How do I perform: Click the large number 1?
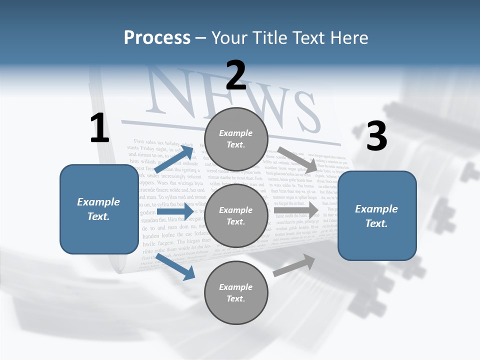[x=99, y=128]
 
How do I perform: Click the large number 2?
[x=236, y=75]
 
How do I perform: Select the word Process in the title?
[x=157, y=38]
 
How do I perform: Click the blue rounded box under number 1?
[x=99, y=209]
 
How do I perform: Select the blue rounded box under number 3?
[x=377, y=216]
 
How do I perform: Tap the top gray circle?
[x=236, y=139]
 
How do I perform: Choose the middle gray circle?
[x=236, y=216]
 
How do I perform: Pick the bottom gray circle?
[x=236, y=293]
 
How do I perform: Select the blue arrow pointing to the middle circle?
[x=175, y=212]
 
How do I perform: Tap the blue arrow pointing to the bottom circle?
[x=175, y=267]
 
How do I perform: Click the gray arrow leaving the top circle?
[x=297, y=159]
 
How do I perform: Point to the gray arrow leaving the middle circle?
[x=296, y=210]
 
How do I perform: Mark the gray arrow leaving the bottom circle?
[x=294, y=265]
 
